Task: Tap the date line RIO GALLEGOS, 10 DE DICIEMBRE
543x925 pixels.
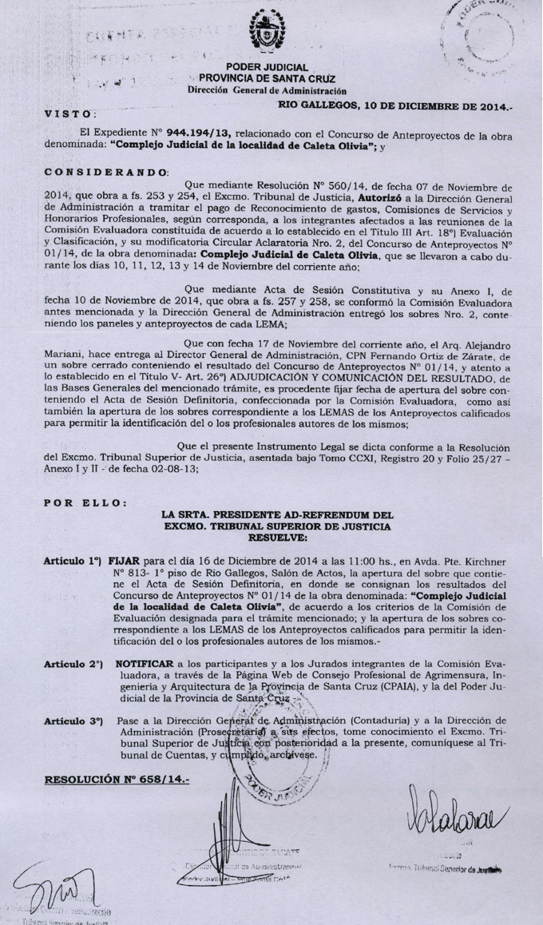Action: tap(400, 105)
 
